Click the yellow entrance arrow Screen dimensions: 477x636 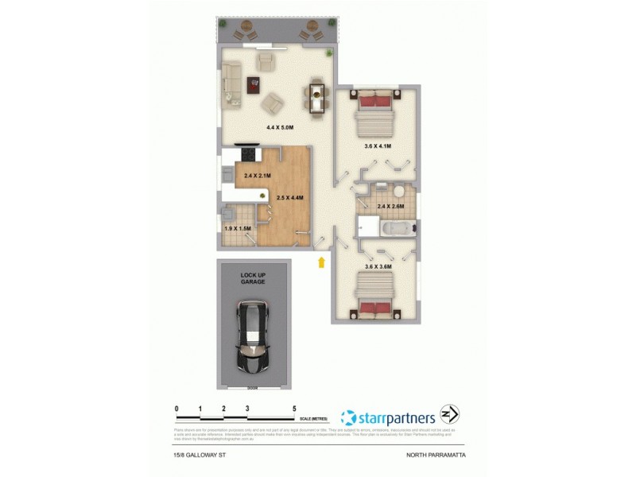(321, 262)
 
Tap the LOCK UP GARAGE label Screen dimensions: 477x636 (254, 278)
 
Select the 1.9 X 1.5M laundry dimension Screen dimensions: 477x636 (238, 229)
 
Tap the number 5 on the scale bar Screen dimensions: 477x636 (294, 407)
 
